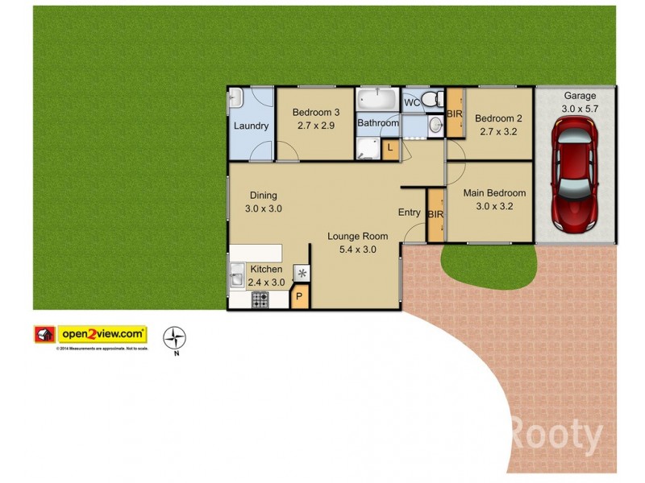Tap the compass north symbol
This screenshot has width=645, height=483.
pyautogui.click(x=175, y=337)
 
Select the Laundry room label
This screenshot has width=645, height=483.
pyautogui.click(x=251, y=126)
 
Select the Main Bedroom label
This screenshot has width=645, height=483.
pyautogui.click(x=494, y=193)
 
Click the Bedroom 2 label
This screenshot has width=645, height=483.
pyautogui.click(x=501, y=117)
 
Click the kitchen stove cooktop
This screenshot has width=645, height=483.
pyautogui.click(x=260, y=299)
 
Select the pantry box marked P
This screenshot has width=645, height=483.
pyautogui.click(x=298, y=299)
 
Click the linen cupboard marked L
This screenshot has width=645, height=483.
pyautogui.click(x=389, y=148)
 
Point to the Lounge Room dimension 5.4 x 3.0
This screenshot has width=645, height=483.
pyautogui.click(x=357, y=250)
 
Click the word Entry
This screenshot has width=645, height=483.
pyautogui.click(x=409, y=213)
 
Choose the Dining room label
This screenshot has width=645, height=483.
pyautogui.click(x=263, y=196)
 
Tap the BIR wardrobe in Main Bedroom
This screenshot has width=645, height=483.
pyautogui.click(x=435, y=215)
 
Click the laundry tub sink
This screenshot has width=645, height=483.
pyautogui.click(x=235, y=100)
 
